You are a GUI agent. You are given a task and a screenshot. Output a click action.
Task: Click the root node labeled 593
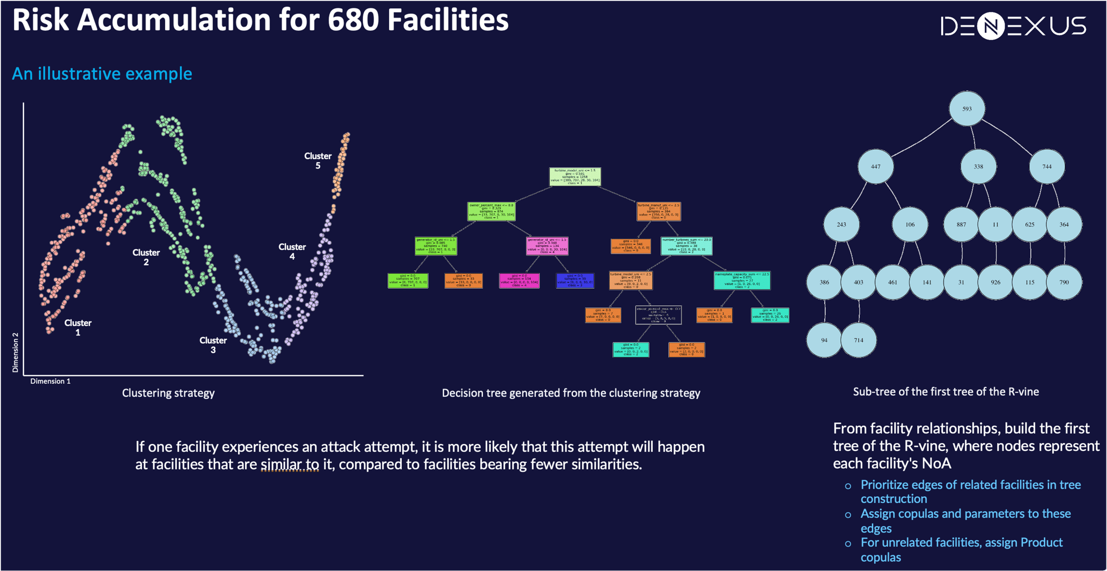click(967, 109)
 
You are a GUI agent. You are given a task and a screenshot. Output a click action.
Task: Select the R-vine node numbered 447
click(876, 166)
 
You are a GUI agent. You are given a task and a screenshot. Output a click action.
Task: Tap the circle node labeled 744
click(1047, 166)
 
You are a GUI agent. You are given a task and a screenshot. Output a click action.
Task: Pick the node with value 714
click(858, 340)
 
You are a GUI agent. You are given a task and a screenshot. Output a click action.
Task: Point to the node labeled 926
click(995, 282)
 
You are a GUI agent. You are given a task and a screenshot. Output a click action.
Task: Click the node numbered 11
click(995, 225)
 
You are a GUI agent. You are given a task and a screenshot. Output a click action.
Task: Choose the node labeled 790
click(1064, 282)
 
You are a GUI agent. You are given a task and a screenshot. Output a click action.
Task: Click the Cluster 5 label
click(318, 161)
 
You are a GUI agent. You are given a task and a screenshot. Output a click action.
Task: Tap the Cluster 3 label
click(213, 345)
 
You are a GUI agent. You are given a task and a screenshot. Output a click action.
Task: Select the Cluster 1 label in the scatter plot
click(78, 327)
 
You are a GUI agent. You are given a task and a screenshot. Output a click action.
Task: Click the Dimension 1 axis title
click(50, 381)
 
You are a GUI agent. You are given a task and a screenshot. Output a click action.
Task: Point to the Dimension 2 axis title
click(15, 353)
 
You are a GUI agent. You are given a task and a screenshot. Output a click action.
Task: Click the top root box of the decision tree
click(575, 177)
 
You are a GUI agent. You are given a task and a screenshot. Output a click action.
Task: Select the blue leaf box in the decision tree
click(575, 281)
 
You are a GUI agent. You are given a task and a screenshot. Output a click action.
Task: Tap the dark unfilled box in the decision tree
click(658, 315)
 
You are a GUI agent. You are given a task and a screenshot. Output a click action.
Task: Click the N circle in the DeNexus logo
click(991, 26)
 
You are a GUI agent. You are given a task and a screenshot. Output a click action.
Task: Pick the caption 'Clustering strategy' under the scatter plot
click(168, 393)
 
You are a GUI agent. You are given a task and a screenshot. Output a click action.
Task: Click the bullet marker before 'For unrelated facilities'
click(848, 544)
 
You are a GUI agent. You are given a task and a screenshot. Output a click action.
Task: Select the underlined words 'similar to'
click(289, 464)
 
